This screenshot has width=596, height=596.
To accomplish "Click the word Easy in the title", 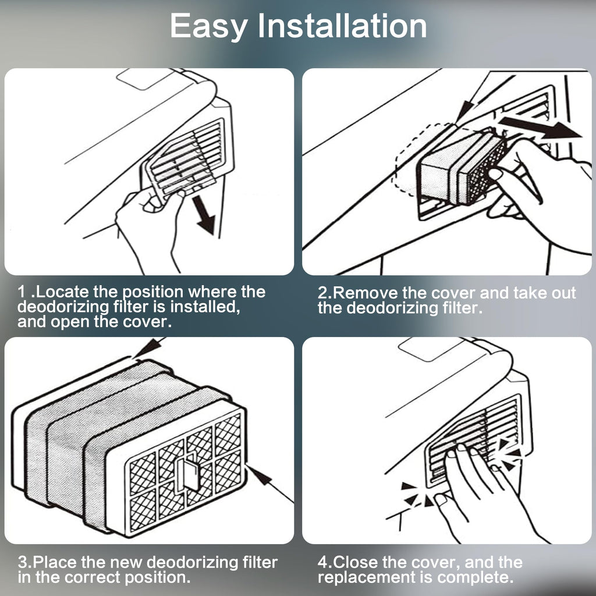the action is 208,27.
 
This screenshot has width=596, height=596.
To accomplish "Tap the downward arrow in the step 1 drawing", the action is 205,215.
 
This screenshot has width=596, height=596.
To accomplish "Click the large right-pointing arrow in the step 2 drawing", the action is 540,127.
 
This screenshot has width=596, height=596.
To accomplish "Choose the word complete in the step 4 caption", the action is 475,578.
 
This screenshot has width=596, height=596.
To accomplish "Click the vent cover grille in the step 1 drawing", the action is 187,159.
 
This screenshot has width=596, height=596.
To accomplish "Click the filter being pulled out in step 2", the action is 462,167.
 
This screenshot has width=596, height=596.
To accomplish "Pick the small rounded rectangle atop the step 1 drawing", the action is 144,79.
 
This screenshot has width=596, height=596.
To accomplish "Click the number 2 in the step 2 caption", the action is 322,293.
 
